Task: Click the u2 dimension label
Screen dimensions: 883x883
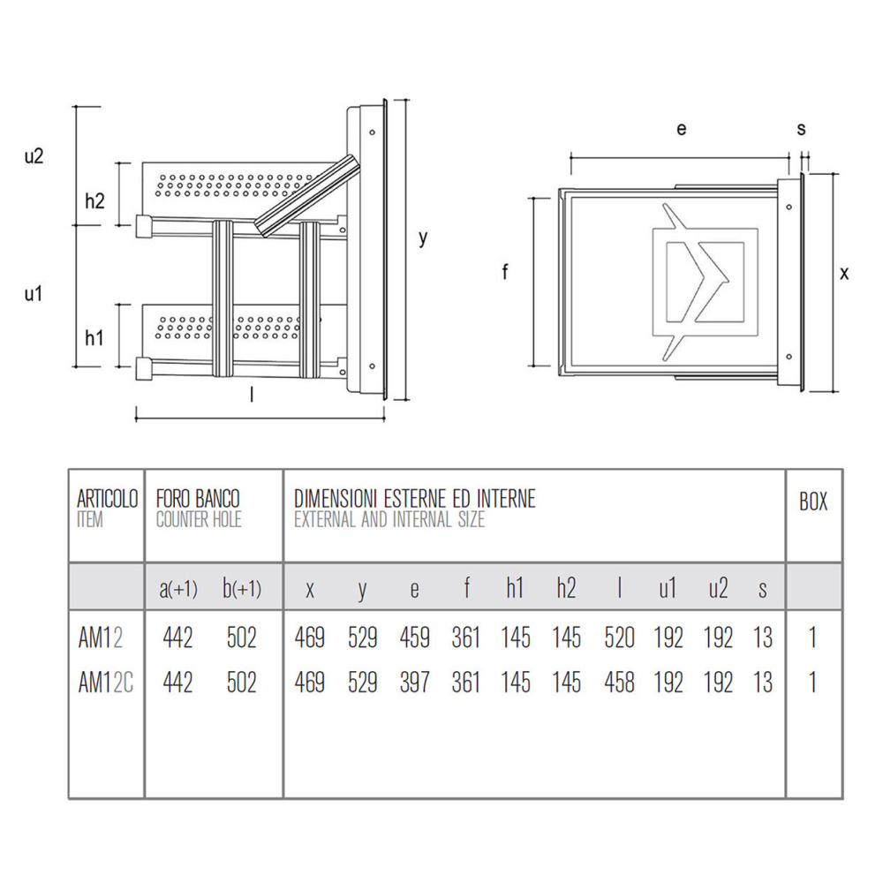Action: pyautogui.click(x=34, y=156)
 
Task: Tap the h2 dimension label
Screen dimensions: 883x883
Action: pyautogui.click(x=94, y=200)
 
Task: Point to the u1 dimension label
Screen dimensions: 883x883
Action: pyautogui.click(x=34, y=293)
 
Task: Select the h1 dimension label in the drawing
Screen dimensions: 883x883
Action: pyautogui.click(x=94, y=338)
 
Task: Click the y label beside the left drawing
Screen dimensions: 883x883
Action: pyautogui.click(x=423, y=238)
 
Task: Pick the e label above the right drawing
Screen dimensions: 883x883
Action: pyautogui.click(x=682, y=129)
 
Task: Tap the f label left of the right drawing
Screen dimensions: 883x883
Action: pyautogui.click(x=505, y=272)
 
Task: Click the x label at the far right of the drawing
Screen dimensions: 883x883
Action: pyautogui.click(x=843, y=274)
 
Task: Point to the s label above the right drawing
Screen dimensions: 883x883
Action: pyautogui.click(x=802, y=129)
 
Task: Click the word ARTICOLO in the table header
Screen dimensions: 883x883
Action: pyautogui.click(x=107, y=499)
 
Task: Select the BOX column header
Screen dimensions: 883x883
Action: pyautogui.click(x=813, y=502)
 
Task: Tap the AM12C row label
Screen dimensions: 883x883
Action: pyautogui.click(x=105, y=683)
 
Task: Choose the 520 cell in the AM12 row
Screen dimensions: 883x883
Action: pyautogui.click(x=620, y=638)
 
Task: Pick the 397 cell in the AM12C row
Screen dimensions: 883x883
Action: pyautogui.click(x=414, y=683)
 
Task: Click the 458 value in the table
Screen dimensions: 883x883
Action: pyautogui.click(x=620, y=683)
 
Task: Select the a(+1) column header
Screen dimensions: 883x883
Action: pyautogui.click(x=178, y=589)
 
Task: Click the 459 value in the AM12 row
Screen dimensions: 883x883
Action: pyautogui.click(x=414, y=638)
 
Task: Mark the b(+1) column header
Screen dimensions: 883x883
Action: pyautogui.click(x=242, y=588)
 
